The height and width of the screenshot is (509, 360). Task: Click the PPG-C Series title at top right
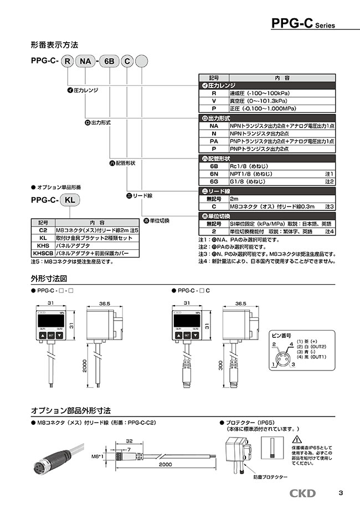303,23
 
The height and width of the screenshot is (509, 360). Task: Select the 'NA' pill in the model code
85,62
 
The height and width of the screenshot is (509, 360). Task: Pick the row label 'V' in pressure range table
214,101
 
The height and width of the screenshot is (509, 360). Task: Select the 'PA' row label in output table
214,141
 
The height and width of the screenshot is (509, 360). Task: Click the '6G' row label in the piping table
214,181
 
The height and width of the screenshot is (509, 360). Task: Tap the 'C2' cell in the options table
43,229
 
